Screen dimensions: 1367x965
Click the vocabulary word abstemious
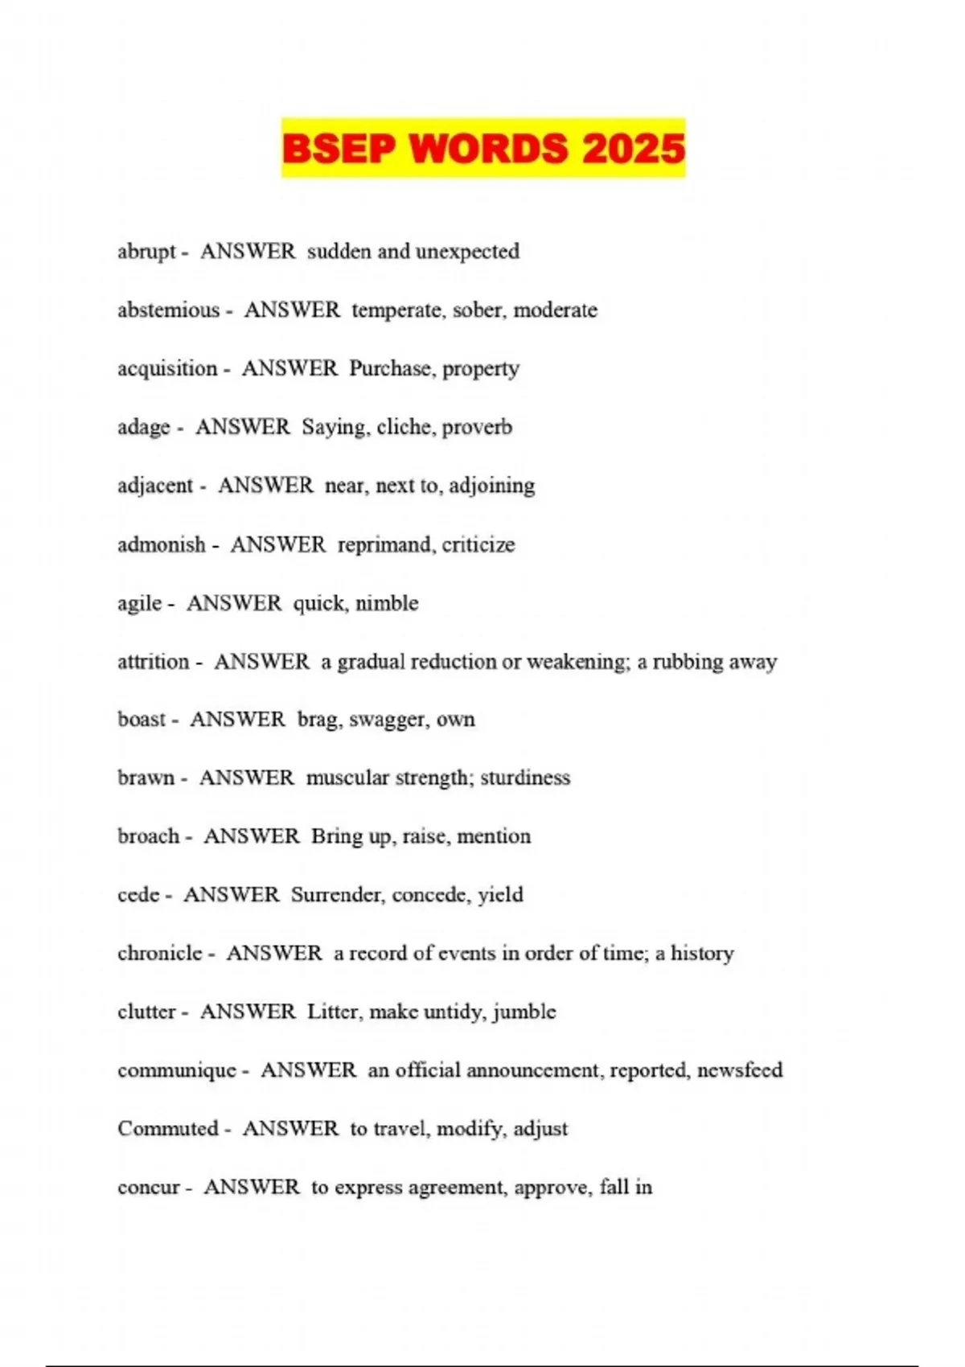(x=168, y=310)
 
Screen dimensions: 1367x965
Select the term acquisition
(x=167, y=369)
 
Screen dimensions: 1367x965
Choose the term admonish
(x=162, y=544)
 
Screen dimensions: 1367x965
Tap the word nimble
(x=387, y=603)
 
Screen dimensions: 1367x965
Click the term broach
(x=149, y=836)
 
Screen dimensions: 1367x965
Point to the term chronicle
(x=160, y=954)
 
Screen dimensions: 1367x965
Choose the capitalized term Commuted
(x=168, y=1129)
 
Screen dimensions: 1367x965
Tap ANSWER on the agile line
(x=234, y=603)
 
